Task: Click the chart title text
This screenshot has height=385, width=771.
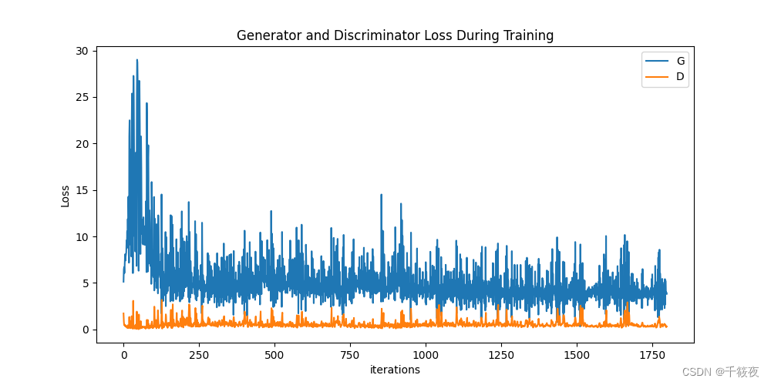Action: pos(395,35)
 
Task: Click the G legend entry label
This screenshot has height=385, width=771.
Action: pos(681,61)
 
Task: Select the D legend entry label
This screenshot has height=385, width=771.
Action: pos(681,76)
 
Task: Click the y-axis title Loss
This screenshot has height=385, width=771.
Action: pos(66,196)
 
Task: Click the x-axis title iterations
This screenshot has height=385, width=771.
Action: pos(395,370)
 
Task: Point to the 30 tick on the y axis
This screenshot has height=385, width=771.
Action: pos(84,51)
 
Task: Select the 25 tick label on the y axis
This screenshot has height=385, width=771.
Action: pos(84,97)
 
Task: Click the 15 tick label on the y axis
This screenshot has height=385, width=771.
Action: pos(84,190)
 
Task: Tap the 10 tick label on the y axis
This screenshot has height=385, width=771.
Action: pos(84,236)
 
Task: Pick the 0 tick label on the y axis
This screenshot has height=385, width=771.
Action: pos(87,330)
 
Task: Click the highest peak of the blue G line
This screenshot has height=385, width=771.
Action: pos(137,60)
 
